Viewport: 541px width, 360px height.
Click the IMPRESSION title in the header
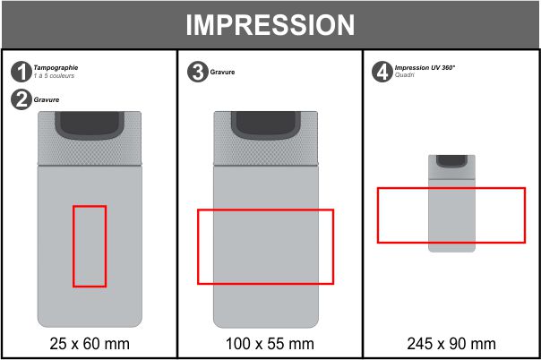[270, 25]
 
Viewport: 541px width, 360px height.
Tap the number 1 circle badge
[21, 72]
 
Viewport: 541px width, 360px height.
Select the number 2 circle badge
[21, 99]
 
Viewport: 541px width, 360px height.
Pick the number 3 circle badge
[198, 72]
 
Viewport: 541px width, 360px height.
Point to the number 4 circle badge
[382, 72]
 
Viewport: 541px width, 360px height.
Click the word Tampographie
[56, 67]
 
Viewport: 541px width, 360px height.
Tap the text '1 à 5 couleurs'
[54, 75]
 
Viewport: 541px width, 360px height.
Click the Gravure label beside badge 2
[47, 99]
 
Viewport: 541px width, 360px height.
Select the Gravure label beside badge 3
[222, 72]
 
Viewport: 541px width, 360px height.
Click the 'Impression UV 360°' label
[425, 67]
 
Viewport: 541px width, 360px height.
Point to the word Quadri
[404, 75]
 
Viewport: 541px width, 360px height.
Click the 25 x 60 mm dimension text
[90, 344]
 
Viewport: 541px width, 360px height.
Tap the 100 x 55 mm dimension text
[270, 344]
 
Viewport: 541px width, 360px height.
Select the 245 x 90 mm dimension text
[451, 344]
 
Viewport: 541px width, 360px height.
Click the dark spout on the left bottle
[90, 125]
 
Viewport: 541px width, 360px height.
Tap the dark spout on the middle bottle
[266, 125]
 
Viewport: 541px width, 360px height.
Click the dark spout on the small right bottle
[451, 161]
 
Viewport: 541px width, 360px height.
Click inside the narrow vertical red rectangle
[90, 246]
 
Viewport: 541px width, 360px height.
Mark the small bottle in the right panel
[451, 203]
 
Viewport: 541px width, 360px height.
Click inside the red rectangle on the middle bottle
[266, 246]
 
